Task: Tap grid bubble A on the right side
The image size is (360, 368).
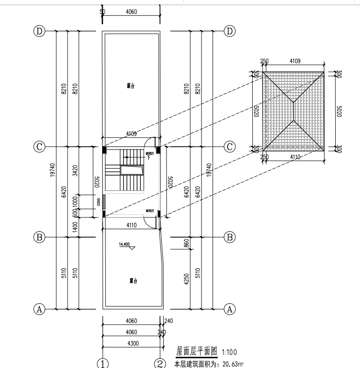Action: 229,308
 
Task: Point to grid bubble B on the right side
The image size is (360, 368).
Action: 229,237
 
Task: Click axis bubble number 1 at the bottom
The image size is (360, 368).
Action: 103,363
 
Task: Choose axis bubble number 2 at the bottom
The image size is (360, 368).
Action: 160,363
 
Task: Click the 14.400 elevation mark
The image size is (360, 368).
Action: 125,244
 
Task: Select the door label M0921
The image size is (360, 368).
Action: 150,211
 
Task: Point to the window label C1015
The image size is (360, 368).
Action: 99,202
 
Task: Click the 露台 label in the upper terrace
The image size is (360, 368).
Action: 131,86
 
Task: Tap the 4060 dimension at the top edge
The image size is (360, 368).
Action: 132,12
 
